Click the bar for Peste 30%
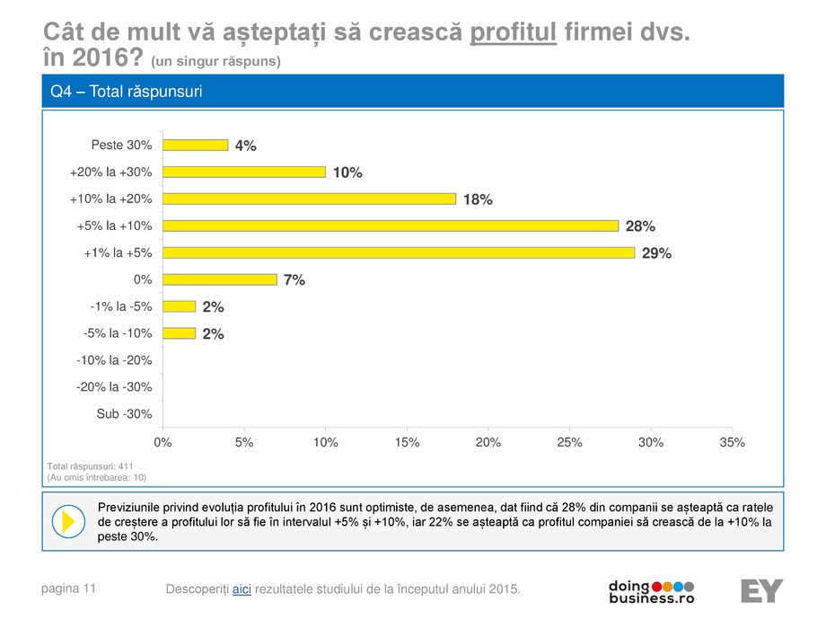195,145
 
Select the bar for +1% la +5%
399,252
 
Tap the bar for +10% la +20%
309,199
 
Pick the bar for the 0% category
219,279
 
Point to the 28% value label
640,226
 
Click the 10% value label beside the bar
347,173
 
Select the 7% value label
294,280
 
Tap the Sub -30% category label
124,414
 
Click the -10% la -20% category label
114,360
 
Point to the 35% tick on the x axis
733,442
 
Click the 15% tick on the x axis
407,442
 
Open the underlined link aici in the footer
242,589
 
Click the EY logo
761,590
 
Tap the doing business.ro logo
651,590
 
